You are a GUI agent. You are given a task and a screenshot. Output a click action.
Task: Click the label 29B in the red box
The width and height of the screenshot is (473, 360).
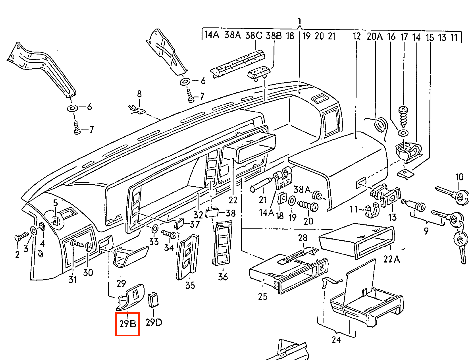point(128,324)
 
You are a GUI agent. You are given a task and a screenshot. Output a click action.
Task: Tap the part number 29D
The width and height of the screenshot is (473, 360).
point(154,322)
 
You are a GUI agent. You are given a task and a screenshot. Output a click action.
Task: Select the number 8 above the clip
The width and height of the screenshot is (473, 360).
point(139,94)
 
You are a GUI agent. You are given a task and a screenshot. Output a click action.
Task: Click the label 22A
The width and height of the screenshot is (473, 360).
point(391,259)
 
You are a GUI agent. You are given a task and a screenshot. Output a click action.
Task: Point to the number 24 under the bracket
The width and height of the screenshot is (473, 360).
point(336,340)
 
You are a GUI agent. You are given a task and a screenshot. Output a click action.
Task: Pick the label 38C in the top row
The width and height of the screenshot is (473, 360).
point(253,35)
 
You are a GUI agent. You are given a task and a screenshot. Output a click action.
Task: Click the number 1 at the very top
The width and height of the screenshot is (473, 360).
point(299,22)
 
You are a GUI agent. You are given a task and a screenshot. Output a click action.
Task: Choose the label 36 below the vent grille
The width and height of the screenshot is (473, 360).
point(223,277)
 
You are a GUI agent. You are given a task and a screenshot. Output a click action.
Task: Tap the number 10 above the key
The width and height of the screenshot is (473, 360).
point(459,177)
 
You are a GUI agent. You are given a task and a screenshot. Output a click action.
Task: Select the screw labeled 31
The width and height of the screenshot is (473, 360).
point(77,244)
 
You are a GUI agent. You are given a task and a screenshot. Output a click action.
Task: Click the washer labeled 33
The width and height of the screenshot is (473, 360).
point(154,228)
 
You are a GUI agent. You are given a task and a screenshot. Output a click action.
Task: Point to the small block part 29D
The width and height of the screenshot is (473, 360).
point(153,299)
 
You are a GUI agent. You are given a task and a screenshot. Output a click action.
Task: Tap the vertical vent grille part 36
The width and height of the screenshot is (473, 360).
point(223,243)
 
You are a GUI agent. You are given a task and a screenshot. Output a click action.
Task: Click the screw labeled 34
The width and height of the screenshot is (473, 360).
point(170,234)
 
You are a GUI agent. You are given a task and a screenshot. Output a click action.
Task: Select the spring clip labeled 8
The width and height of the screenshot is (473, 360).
point(137,109)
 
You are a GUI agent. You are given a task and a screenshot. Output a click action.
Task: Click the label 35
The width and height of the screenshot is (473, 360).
point(190,285)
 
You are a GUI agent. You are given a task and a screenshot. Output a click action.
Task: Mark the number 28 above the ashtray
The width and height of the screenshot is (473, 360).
point(302,238)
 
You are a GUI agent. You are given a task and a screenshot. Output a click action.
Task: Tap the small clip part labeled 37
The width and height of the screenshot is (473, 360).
point(179,224)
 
